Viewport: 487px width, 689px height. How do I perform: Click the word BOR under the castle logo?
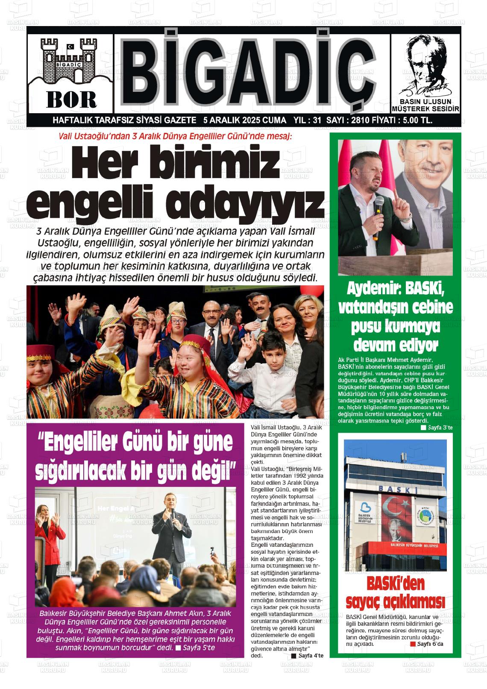pos(71,100)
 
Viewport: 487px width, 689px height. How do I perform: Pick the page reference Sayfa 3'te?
pos(440,427)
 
